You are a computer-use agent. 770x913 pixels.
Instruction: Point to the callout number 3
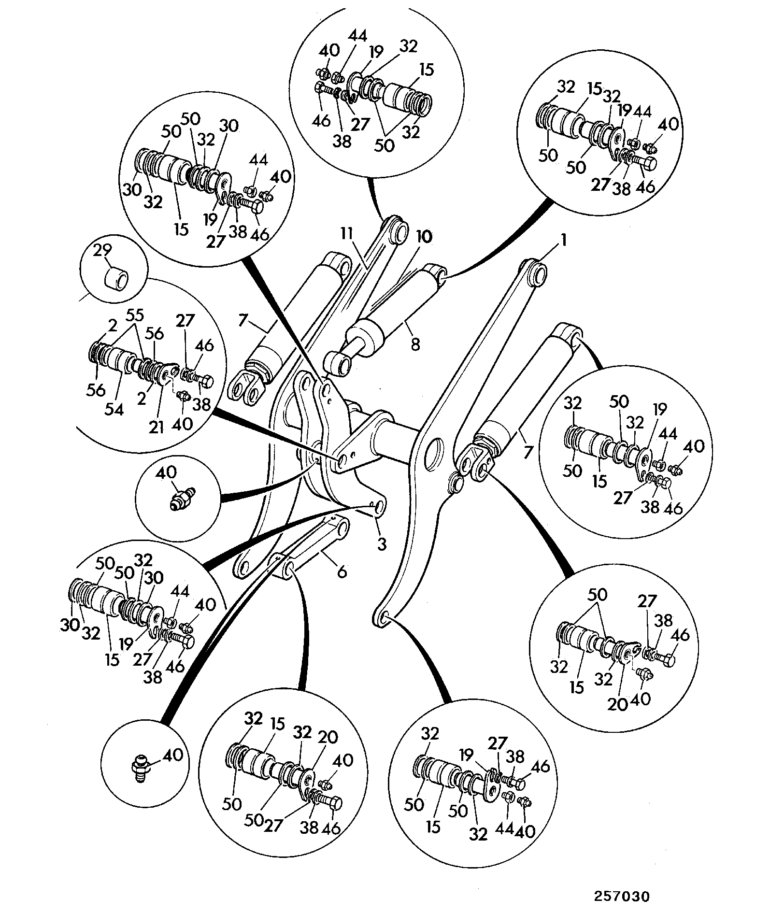[x=382, y=544]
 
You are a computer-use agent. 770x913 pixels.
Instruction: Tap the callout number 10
[x=423, y=237]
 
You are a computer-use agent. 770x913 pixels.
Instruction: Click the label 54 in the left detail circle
[x=114, y=409]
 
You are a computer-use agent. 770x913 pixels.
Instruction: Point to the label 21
[x=156, y=427]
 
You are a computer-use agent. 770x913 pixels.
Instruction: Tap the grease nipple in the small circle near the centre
[x=180, y=498]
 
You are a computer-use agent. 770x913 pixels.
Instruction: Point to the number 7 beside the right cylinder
[x=528, y=452]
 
